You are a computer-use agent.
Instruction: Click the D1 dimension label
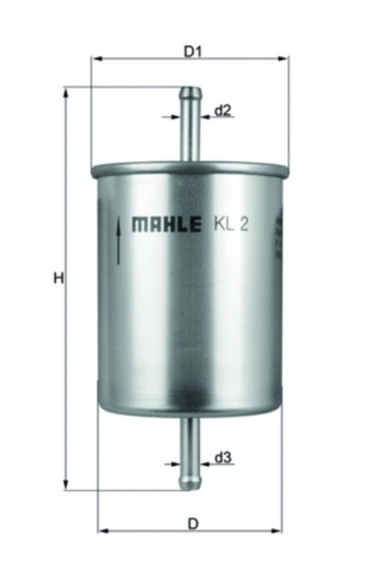coord(192,52)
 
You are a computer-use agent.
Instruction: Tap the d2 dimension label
coord(223,110)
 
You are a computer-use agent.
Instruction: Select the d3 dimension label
coord(223,459)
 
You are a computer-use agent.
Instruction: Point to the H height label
coord(57,279)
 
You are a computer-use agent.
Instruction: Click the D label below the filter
coord(192,523)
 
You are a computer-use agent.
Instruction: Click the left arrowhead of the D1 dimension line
coord(96,59)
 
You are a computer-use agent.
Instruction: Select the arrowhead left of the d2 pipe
coord(178,118)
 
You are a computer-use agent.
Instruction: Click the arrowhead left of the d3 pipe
coord(178,465)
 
